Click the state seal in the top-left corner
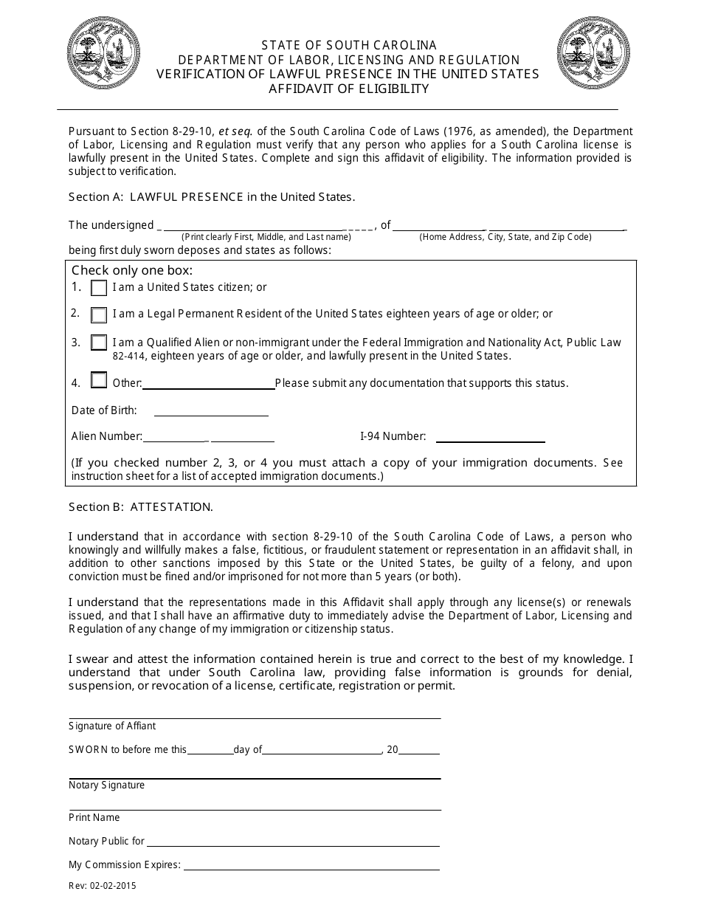[x=104, y=54]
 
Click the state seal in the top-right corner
[x=593, y=54]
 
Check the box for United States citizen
[x=99, y=289]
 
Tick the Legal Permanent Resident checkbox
[x=99, y=315]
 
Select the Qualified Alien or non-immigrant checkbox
[x=99, y=343]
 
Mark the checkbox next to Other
[x=99, y=381]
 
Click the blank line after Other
[x=208, y=385]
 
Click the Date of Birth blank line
[x=211, y=412]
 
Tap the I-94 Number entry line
[x=490, y=438]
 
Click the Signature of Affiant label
[x=112, y=726]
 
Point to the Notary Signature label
[x=106, y=785]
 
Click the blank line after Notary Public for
[x=294, y=842]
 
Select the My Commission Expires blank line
[x=311, y=866]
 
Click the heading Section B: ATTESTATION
[x=141, y=507]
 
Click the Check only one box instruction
[x=132, y=271]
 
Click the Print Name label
[x=94, y=818]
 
